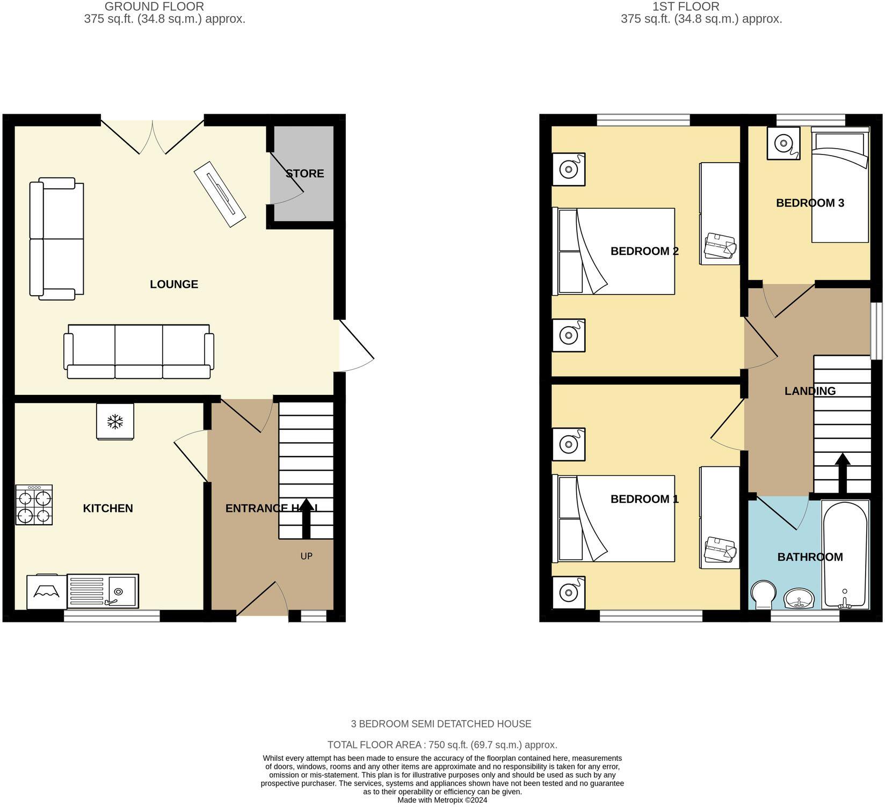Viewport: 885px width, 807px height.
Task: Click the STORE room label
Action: tap(304, 173)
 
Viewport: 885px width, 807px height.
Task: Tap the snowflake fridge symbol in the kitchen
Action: tap(115, 422)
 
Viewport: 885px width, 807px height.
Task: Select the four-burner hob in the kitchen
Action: tap(34, 504)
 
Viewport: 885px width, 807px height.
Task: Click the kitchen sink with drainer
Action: tap(103, 591)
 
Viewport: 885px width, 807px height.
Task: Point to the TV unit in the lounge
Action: tap(220, 194)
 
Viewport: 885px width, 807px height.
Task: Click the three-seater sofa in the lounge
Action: tap(139, 352)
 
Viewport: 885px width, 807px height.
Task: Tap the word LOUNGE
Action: tap(173, 284)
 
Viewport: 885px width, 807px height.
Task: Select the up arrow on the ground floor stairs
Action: tap(306, 518)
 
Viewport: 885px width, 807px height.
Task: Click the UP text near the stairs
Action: tap(306, 556)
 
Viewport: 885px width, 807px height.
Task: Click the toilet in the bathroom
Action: tap(763, 595)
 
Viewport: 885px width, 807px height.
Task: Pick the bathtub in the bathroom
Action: tap(845, 554)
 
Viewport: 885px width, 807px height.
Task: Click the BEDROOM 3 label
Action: tap(810, 203)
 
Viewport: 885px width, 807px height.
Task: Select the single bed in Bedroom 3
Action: tap(840, 185)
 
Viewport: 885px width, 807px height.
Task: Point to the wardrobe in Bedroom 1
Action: tap(720, 518)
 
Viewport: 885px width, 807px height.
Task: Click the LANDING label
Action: tap(810, 391)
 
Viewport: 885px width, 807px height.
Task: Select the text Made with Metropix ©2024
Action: tap(442, 800)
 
